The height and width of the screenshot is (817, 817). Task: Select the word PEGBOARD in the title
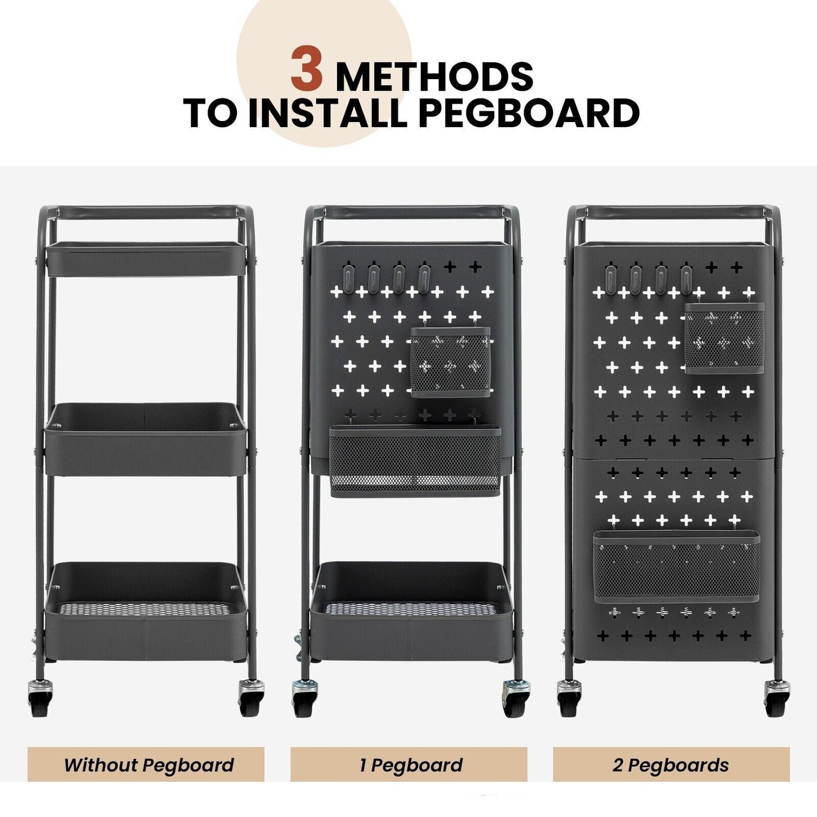(x=529, y=113)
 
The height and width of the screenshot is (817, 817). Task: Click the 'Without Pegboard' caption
(x=148, y=765)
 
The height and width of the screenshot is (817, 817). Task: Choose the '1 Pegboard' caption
(x=411, y=765)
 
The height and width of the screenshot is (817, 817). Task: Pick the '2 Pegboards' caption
(x=671, y=765)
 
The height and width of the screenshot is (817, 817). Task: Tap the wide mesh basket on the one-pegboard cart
(x=415, y=461)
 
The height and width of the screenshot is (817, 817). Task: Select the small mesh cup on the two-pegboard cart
(x=724, y=338)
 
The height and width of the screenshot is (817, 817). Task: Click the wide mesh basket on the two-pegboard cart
(x=676, y=565)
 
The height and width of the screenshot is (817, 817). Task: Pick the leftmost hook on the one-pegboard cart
(x=347, y=275)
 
